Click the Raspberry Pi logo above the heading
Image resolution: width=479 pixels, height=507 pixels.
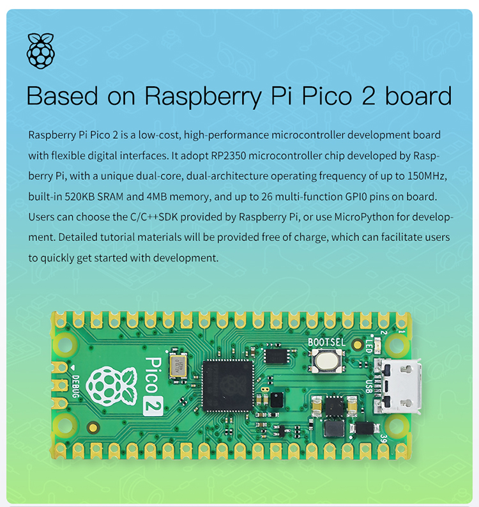[41, 51]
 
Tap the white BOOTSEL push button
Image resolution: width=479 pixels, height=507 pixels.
[326, 361]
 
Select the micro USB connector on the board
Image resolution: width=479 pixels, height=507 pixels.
[399, 386]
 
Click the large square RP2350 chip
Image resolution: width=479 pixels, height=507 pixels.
[228, 386]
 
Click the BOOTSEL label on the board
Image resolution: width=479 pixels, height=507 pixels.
[326, 343]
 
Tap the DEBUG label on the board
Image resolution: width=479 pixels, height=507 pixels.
[75, 386]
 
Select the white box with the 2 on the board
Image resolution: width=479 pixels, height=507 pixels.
[153, 405]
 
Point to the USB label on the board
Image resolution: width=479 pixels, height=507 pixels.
[369, 387]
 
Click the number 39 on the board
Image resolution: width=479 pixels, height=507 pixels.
[383, 439]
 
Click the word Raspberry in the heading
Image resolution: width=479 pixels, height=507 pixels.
[203, 97]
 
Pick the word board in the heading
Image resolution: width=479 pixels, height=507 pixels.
[418, 95]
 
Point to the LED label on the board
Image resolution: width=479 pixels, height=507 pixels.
[369, 345]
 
